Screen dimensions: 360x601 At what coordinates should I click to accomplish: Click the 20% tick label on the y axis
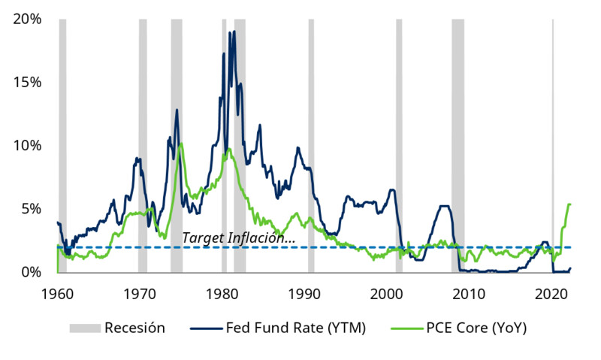click(x=27, y=19)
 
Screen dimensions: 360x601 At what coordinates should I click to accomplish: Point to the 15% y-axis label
click(x=27, y=82)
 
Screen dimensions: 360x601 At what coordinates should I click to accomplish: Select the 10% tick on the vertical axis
click(x=27, y=145)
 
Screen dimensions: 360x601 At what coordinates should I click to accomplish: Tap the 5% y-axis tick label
click(x=31, y=208)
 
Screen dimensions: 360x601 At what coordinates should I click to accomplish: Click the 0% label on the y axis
click(x=31, y=271)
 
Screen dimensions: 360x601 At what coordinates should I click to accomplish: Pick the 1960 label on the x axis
click(x=57, y=293)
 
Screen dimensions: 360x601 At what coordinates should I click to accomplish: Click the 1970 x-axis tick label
click(x=140, y=293)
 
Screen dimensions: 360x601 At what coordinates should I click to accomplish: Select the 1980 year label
click(x=222, y=293)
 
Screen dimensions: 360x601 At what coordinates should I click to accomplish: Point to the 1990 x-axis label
click(x=305, y=293)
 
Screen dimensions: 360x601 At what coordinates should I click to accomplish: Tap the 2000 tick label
click(x=388, y=293)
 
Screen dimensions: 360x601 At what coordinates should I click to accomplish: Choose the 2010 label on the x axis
click(x=470, y=293)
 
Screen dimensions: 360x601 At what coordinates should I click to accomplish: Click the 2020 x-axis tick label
click(x=553, y=293)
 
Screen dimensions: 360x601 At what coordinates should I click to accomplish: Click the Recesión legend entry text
click(x=134, y=328)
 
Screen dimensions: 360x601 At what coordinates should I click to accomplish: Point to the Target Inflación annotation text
click(x=239, y=237)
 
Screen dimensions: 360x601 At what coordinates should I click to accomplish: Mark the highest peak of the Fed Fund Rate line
click(x=234, y=32)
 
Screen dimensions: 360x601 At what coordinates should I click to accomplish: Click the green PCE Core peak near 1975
click(x=181, y=144)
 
